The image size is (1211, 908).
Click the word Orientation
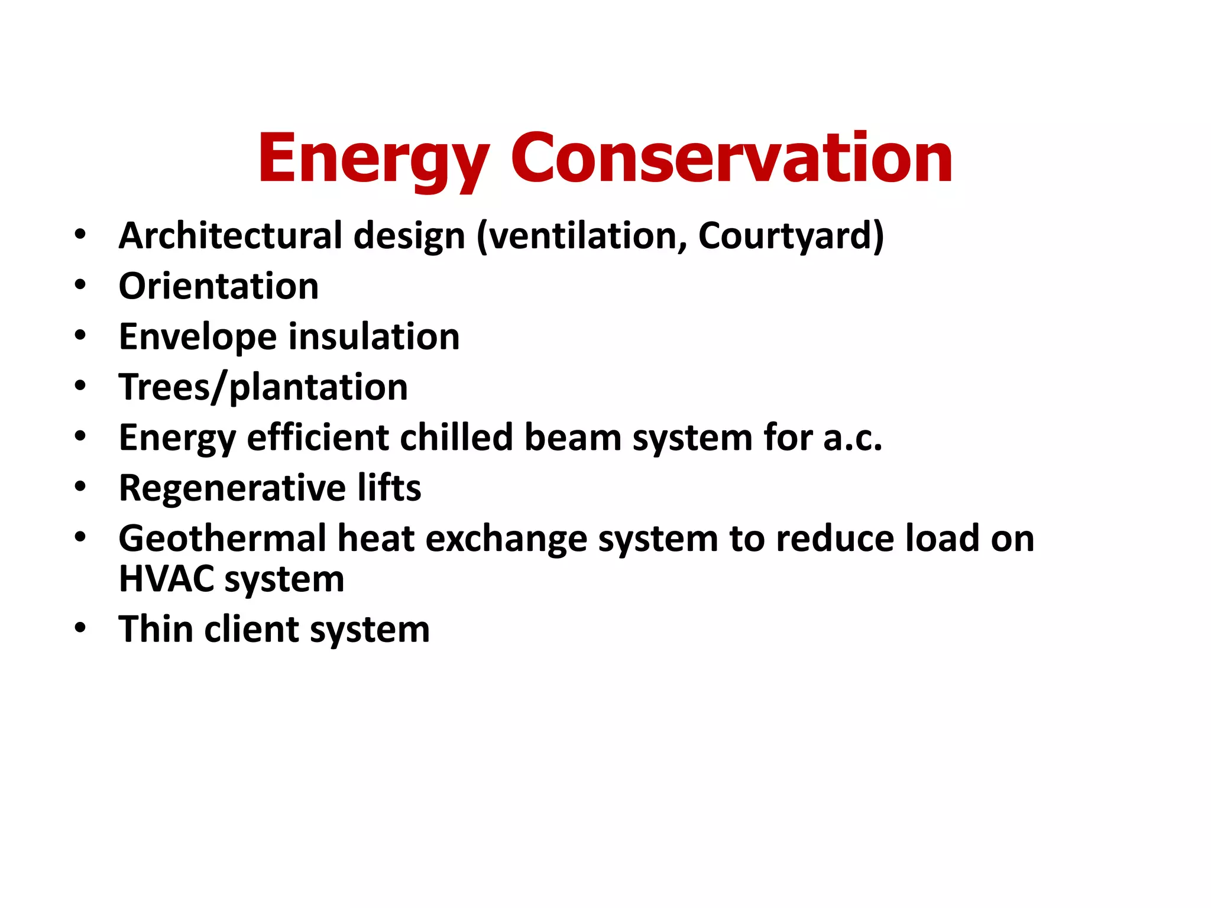pos(219,286)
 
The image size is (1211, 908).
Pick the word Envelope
pos(197,337)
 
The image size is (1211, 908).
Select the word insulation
pos(374,337)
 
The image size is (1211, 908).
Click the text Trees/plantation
pos(263,387)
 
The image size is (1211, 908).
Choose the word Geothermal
pos(222,539)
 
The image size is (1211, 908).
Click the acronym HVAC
pos(166,579)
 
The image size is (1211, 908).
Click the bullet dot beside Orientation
pos(80,286)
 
